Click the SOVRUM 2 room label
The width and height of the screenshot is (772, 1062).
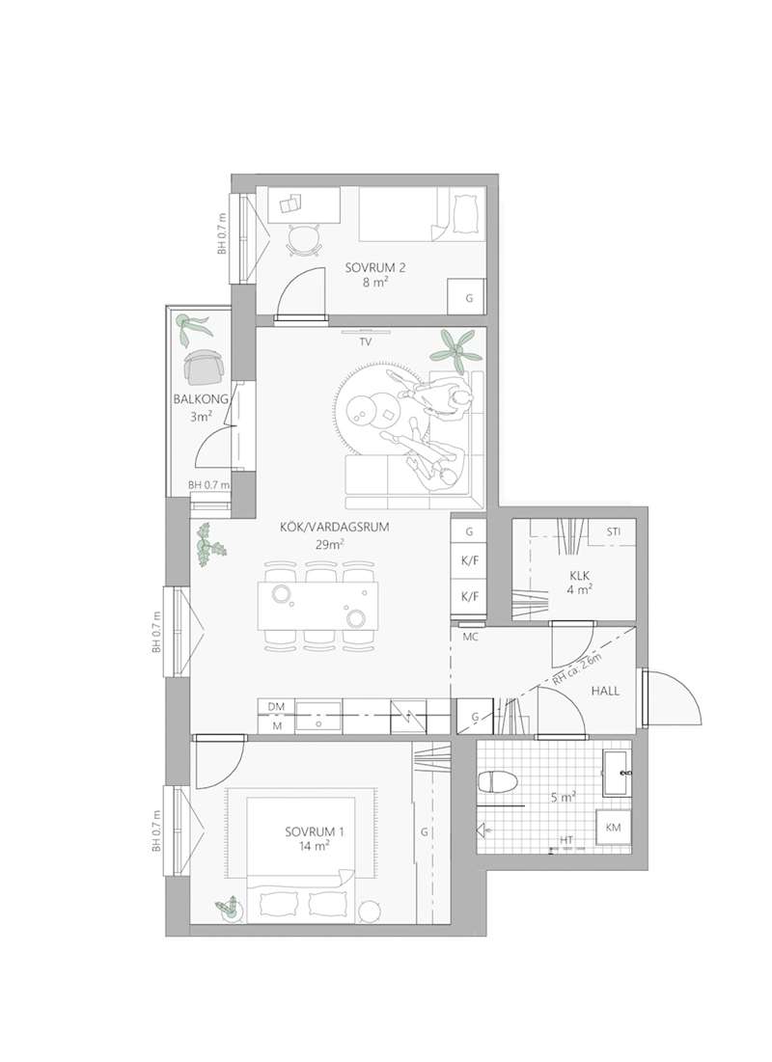374,267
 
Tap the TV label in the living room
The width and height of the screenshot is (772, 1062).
366,342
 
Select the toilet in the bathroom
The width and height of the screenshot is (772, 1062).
498,782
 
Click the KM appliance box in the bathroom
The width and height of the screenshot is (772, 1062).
613,827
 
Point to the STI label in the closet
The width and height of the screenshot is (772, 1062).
614,531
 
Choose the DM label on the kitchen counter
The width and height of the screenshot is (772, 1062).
276,706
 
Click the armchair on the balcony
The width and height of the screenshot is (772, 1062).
203,367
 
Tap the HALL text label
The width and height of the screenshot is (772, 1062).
605,691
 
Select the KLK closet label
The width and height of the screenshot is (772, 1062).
580,576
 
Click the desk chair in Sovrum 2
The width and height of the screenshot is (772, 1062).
303,240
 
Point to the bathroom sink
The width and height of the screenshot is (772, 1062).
616,772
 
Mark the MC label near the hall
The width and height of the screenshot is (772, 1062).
470,637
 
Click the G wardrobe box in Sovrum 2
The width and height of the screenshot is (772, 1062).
468,296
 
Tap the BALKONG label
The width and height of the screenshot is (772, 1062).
201,399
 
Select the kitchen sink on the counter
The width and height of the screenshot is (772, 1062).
319,715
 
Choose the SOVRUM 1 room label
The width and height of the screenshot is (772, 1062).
315,831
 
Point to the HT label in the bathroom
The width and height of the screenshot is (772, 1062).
566,840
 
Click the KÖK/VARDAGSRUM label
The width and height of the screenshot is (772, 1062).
335,527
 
